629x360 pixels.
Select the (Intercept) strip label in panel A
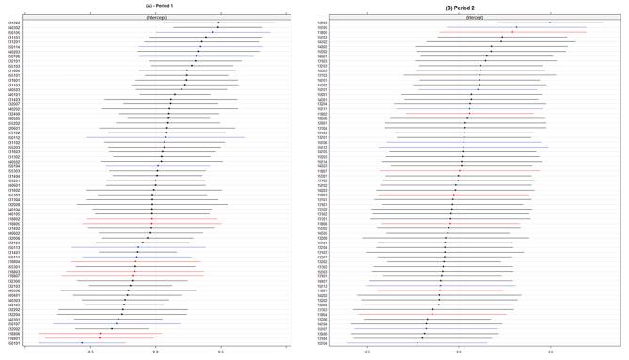point(158,18)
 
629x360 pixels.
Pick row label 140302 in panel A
point(14,28)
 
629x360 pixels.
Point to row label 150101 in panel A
point(14,343)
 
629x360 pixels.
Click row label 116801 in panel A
point(14,337)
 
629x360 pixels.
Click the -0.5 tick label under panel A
point(90,351)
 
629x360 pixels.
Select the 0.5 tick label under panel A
point(220,351)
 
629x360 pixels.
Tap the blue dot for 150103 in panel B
point(550,23)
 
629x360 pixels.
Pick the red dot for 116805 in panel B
point(512,32)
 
